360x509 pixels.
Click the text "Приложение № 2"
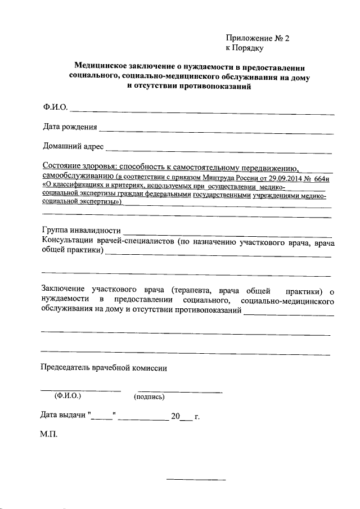coord(257,38)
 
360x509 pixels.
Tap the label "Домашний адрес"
coord(73,147)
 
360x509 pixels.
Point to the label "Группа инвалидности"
coord(82,231)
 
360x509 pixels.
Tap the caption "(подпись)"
coord(149,397)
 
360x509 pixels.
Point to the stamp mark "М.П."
coord(49,434)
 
